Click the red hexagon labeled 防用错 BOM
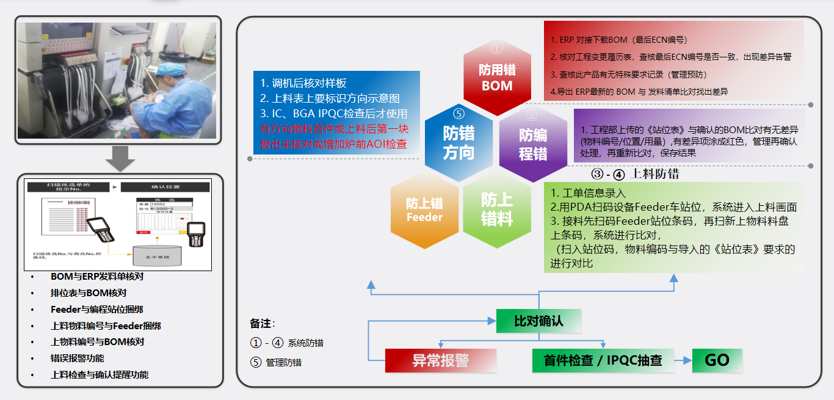coord(497,78)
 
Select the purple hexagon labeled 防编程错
coord(533,144)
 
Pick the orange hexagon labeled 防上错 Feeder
coord(424,209)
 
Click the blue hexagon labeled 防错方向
coord(459,143)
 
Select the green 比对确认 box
coord(538,321)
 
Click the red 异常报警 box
coord(440,360)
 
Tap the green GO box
coord(717,360)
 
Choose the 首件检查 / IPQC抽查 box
coord(603,360)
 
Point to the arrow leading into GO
coord(683,360)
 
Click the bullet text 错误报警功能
coord(78,358)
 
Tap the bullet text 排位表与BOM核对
coord(89,293)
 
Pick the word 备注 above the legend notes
coord(261,323)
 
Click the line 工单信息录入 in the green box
coord(587,194)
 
